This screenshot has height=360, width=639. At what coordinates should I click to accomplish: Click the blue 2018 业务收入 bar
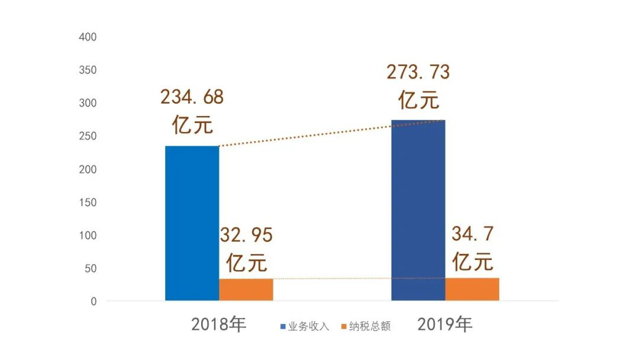(192, 223)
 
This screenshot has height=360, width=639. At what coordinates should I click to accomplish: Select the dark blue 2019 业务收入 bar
(418, 210)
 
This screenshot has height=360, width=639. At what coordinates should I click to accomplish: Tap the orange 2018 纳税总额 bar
(246, 290)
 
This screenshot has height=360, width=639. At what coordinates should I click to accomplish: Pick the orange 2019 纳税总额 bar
(472, 289)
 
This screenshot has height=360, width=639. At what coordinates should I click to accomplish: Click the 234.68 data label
(192, 97)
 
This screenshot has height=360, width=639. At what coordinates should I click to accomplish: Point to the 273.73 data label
(418, 72)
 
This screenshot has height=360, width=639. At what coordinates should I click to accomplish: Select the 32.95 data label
(246, 236)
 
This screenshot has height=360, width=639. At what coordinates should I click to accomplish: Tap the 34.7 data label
(472, 234)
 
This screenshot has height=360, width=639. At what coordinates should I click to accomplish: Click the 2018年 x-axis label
(218, 324)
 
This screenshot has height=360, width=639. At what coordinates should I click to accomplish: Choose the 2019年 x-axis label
(445, 324)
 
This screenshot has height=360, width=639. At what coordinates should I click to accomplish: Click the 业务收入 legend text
(308, 326)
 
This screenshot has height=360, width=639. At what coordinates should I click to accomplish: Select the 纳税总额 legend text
(370, 326)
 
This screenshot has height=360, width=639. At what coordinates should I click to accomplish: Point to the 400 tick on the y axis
(88, 37)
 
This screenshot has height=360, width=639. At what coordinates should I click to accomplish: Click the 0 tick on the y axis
(93, 301)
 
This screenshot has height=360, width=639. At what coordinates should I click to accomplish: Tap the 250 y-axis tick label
(88, 136)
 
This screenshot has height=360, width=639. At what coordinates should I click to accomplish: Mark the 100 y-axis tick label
(88, 235)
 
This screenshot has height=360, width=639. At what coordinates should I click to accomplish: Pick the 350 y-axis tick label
(88, 70)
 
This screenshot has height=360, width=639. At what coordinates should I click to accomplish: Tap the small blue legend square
(283, 326)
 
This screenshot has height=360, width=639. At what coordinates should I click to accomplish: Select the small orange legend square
(345, 326)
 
